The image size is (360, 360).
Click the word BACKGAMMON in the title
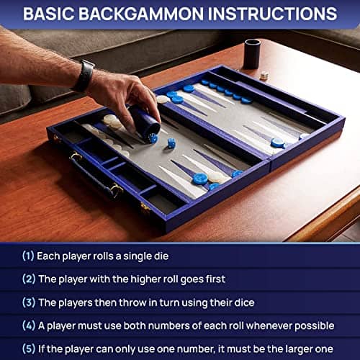141,14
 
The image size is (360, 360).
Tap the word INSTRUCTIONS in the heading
272,14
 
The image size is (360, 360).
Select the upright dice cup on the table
252,54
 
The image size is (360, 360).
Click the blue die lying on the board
171,143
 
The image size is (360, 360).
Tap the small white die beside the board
264,76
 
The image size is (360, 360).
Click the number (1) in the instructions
28,256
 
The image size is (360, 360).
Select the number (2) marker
29,279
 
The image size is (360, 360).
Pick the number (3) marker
29,302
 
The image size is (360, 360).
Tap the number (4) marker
29,325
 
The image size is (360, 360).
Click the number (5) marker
29,348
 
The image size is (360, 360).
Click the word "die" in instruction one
161,256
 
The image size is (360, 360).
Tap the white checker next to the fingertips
162,99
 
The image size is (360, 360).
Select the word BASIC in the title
49,14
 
